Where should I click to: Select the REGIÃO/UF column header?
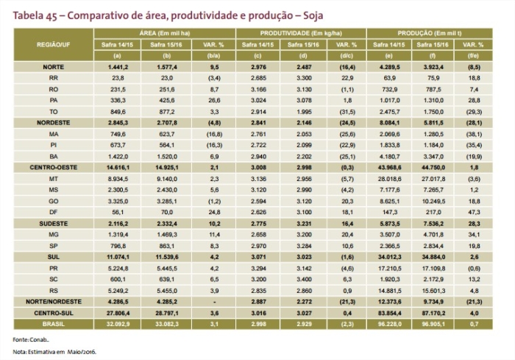(x=54, y=44)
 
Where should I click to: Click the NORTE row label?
(x=54, y=66)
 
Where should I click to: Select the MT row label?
(x=54, y=179)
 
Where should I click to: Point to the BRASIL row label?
(x=54, y=322)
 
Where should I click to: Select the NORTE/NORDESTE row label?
(x=54, y=302)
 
